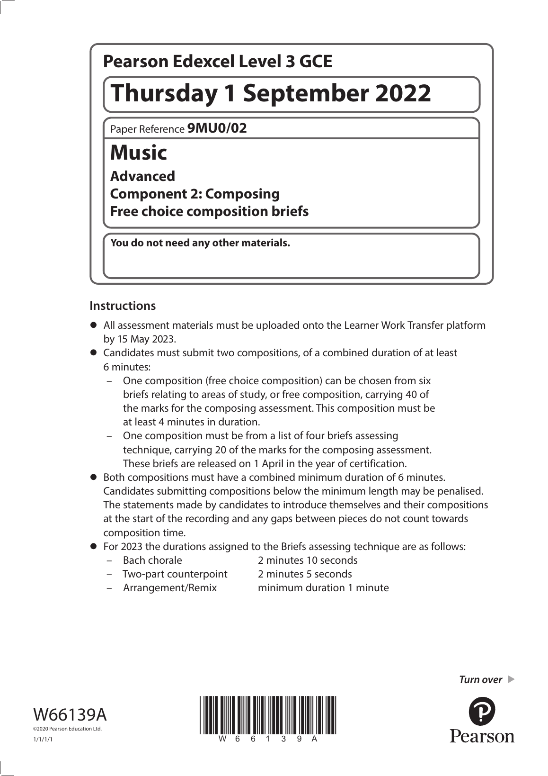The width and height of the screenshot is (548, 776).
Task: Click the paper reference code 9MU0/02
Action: point(217,128)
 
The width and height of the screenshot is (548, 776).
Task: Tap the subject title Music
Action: point(139,153)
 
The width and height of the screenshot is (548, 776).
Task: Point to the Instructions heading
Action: point(123,306)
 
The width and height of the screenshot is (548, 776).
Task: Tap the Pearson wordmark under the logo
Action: point(482,736)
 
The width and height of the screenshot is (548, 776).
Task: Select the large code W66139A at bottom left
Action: point(70,714)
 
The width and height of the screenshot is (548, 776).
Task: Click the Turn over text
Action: point(480,680)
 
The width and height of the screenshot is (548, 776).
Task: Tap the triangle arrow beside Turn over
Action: point(511,679)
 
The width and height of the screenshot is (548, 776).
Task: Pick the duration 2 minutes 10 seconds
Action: point(308,560)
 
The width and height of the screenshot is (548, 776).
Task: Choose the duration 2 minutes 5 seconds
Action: point(305,574)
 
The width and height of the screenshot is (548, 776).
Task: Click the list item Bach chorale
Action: point(152,560)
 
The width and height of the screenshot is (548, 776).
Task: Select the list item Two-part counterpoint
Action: point(175,574)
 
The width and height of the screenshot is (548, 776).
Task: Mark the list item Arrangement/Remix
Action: point(170,588)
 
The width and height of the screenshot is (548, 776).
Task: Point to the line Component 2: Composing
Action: point(195,194)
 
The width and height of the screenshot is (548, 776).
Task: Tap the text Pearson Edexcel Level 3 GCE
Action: point(218,62)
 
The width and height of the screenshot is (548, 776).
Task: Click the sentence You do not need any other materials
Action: point(200,244)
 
